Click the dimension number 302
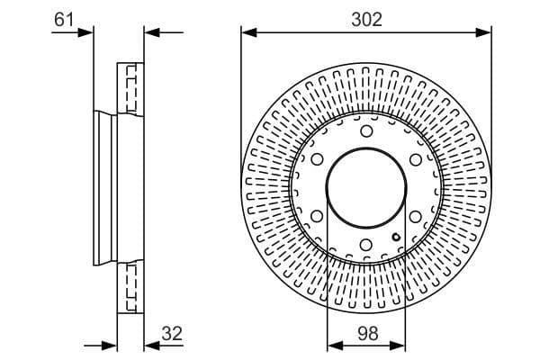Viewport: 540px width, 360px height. coord(366,19)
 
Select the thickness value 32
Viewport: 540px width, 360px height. coord(172,333)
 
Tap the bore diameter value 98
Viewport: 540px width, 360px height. coord(366,333)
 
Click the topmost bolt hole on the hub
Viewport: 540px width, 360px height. coord(366,132)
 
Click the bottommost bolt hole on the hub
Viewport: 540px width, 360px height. coord(366,245)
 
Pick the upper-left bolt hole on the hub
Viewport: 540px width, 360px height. coord(317,160)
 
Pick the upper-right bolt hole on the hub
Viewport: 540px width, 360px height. coord(415,160)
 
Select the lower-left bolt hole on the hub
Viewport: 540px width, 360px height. coord(317,216)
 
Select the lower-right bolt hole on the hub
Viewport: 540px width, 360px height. coord(415,216)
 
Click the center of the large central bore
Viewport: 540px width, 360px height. coord(366,188)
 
